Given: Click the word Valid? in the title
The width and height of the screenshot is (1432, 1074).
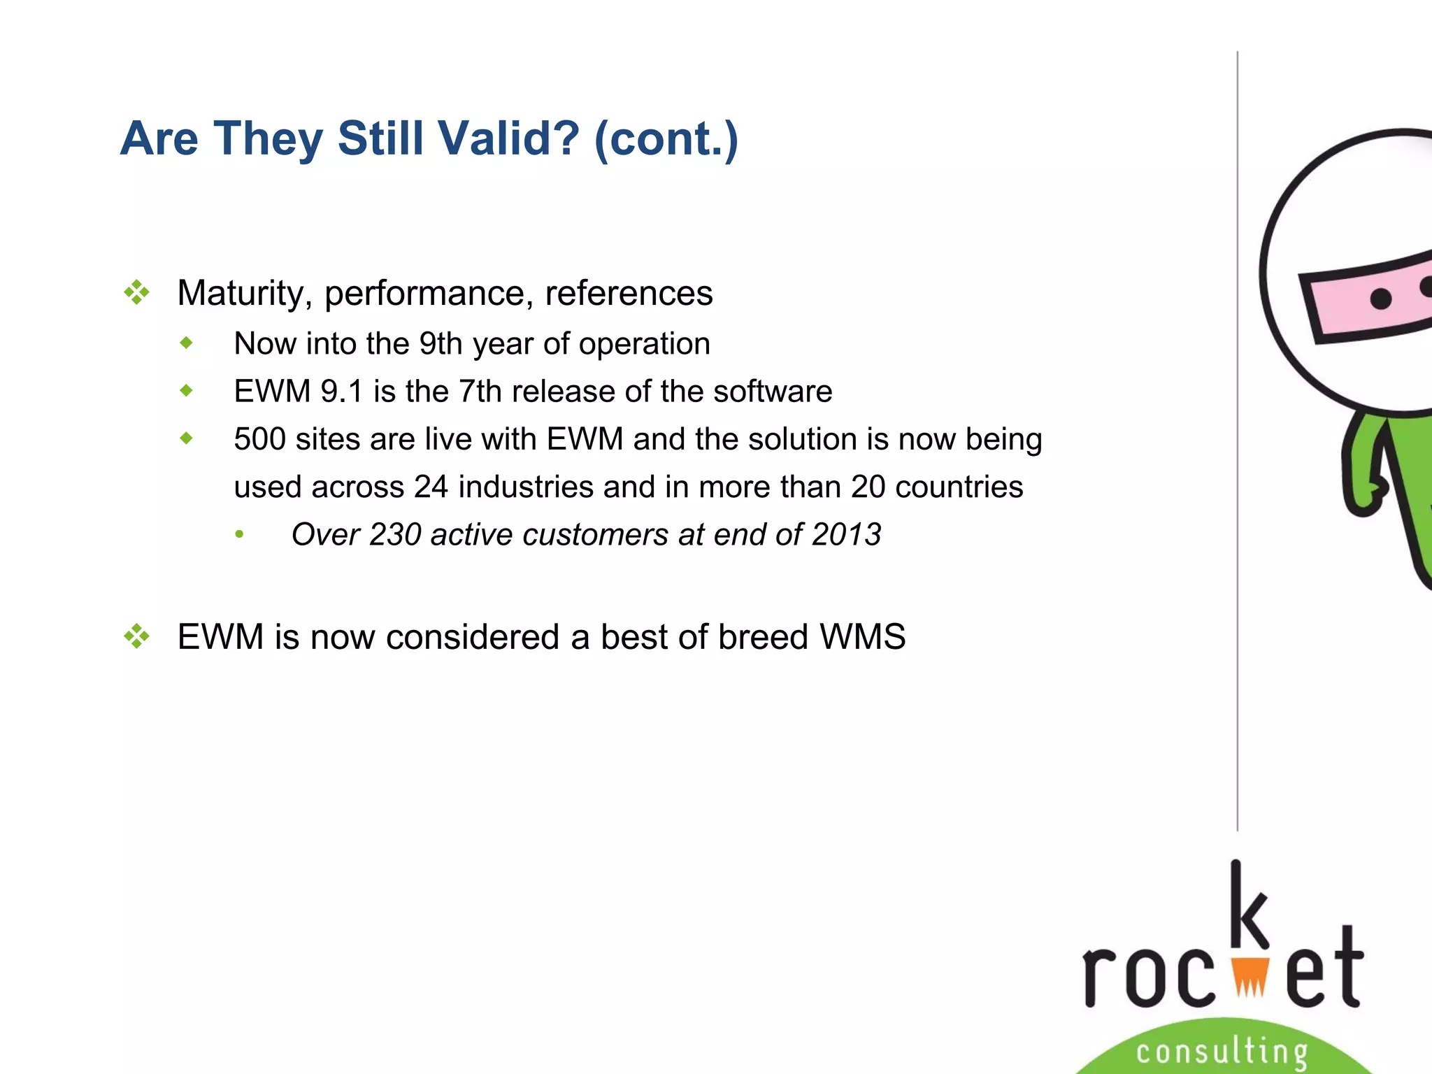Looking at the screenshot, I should coord(511,138).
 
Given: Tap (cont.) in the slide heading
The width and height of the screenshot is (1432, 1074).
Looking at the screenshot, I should coord(666,138).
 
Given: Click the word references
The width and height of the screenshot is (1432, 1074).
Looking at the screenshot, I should coord(629,293).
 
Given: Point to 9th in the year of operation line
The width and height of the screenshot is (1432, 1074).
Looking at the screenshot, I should coord(441,344).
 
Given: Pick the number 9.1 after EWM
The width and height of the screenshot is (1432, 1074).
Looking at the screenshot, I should coord(342,392).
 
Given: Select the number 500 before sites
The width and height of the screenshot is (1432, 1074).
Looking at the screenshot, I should coord(259,440).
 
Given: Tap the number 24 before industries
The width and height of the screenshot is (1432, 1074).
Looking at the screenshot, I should coord(431,487).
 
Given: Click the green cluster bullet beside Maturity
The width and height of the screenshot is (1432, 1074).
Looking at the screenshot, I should coord(137,292).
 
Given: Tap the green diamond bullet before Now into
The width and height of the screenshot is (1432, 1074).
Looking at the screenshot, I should coord(186,343).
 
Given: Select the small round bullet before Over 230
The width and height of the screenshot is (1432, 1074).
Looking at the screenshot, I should coord(240,535).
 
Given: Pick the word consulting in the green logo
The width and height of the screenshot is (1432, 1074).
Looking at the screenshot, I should coord(1222,1052).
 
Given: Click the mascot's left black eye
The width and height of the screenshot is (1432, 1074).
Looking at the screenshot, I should coord(1381,299).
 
